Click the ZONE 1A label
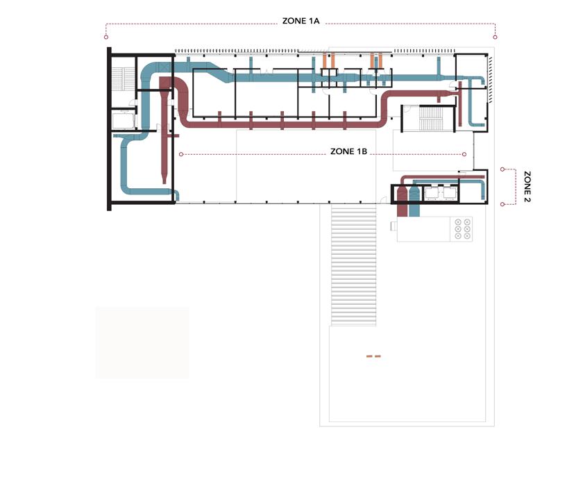301,22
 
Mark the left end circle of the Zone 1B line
180,154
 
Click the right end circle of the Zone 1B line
464,154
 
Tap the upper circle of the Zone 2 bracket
502,169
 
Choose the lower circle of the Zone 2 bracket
502,203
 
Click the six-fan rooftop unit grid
462,229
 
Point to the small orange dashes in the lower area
373,356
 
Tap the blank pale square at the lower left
142,342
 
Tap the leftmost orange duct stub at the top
325,60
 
